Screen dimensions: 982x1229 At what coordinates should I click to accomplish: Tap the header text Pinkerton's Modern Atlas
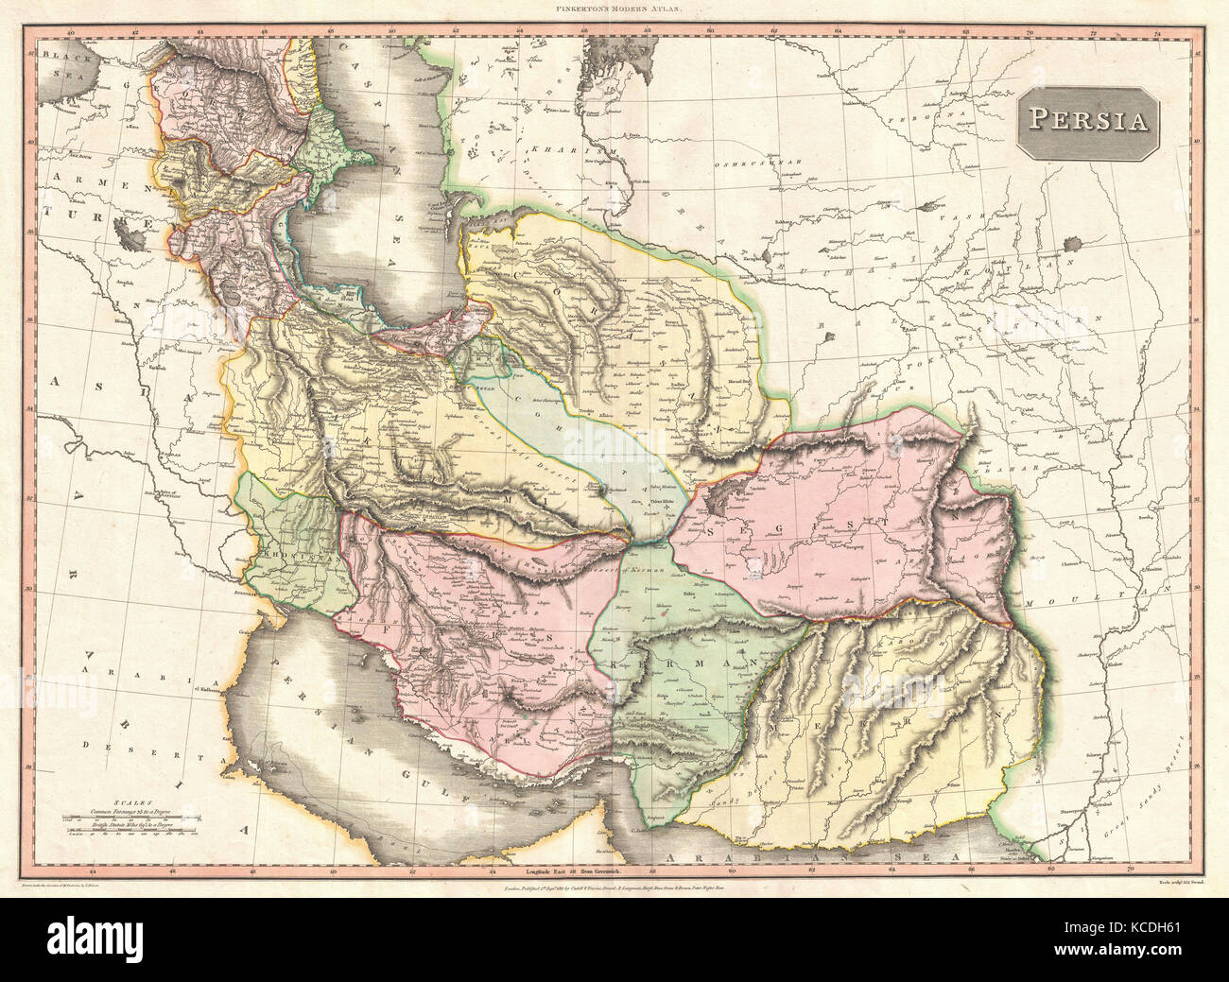[614, 9]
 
